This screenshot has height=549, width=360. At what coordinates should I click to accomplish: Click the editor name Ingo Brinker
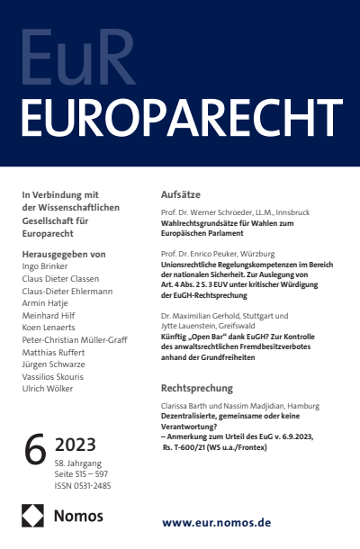point(47,268)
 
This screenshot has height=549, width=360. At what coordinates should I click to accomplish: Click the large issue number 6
point(35,451)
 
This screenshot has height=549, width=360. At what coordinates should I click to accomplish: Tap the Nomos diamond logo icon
point(32,516)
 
